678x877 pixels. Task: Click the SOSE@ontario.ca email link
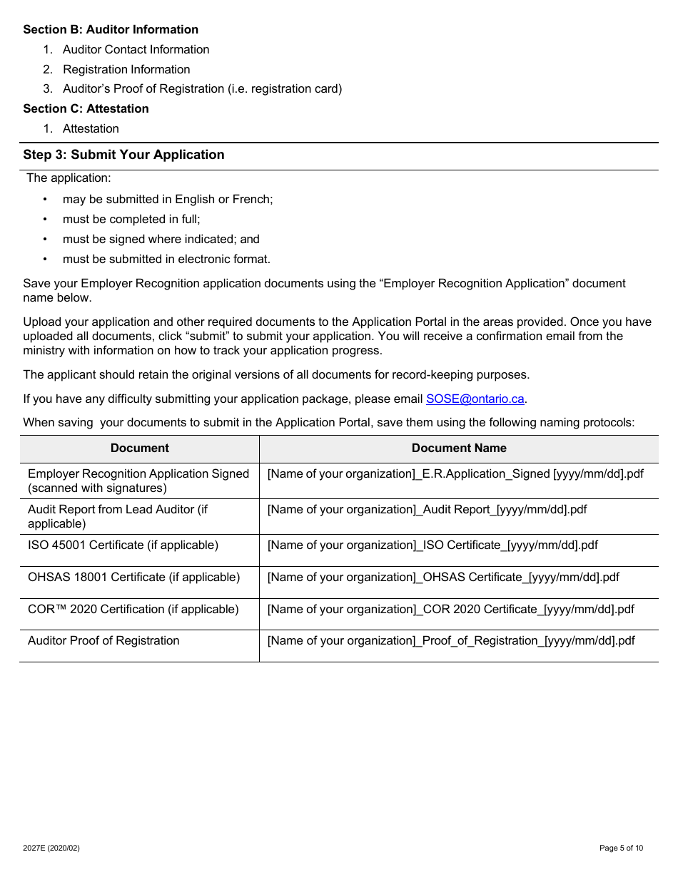click(x=475, y=399)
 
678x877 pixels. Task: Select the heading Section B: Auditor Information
click(x=111, y=30)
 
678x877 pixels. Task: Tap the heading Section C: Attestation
click(x=86, y=109)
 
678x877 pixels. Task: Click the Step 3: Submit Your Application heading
click(x=123, y=155)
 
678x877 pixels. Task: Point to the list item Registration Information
click(x=126, y=70)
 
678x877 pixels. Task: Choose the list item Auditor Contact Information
click(x=136, y=50)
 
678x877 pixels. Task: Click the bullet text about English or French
click(x=168, y=200)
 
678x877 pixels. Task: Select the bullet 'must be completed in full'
click(x=131, y=220)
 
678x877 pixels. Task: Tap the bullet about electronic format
click(x=166, y=260)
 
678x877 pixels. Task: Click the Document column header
click(x=140, y=448)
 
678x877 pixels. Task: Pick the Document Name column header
click(x=459, y=448)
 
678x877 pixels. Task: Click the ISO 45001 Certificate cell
click(x=123, y=545)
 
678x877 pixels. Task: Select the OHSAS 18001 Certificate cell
click(x=133, y=578)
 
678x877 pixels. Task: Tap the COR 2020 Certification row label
click(x=133, y=610)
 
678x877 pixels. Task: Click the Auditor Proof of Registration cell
click(x=103, y=641)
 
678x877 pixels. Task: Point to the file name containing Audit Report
click(x=427, y=510)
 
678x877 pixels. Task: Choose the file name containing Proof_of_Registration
click(x=450, y=641)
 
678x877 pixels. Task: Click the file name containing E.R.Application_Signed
click(x=455, y=474)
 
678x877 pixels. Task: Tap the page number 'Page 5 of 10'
click(x=621, y=848)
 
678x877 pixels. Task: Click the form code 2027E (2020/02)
click(x=51, y=848)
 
